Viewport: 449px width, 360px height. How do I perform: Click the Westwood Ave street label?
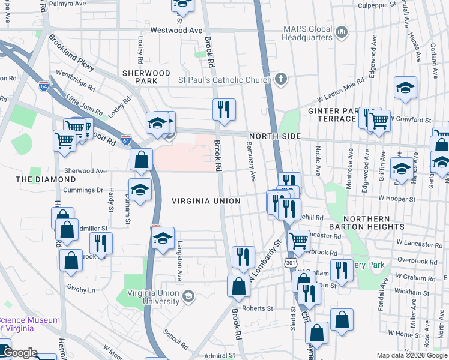coord(176,30)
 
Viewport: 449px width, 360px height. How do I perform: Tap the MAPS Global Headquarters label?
coord(308,33)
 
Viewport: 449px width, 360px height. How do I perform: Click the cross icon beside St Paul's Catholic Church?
coord(280,79)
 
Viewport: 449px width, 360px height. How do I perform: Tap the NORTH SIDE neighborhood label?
coord(274,136)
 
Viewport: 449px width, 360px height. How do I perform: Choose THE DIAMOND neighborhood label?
coord(40,179)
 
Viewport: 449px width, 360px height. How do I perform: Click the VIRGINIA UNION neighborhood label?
coord(206,201)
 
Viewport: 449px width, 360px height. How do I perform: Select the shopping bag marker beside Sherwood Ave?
coord(141,160)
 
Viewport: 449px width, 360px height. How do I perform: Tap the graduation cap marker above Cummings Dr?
coord(140,190)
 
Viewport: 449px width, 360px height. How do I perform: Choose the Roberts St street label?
coord(261,308)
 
